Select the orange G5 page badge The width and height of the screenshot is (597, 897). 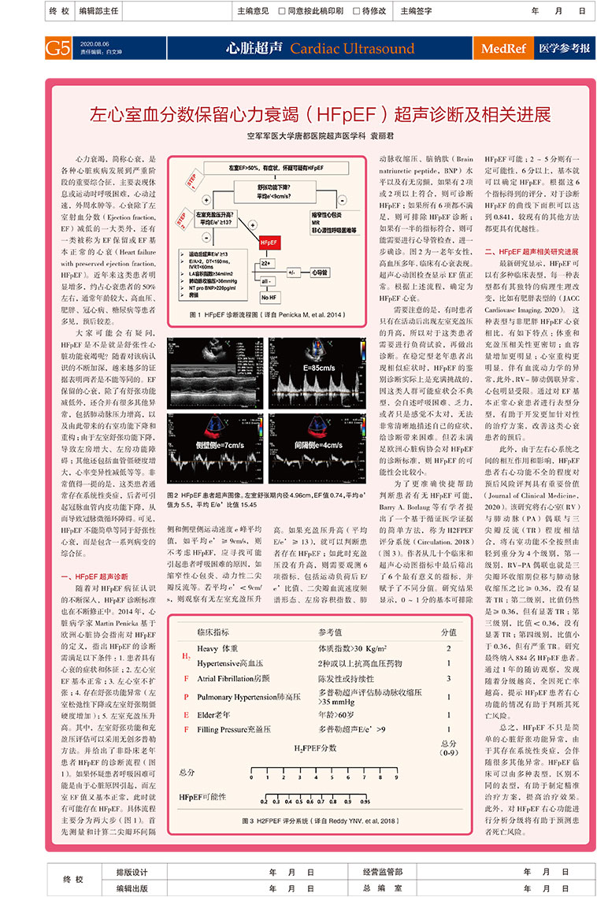click(58, 48)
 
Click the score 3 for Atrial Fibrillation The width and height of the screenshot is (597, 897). click(448, 677)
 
